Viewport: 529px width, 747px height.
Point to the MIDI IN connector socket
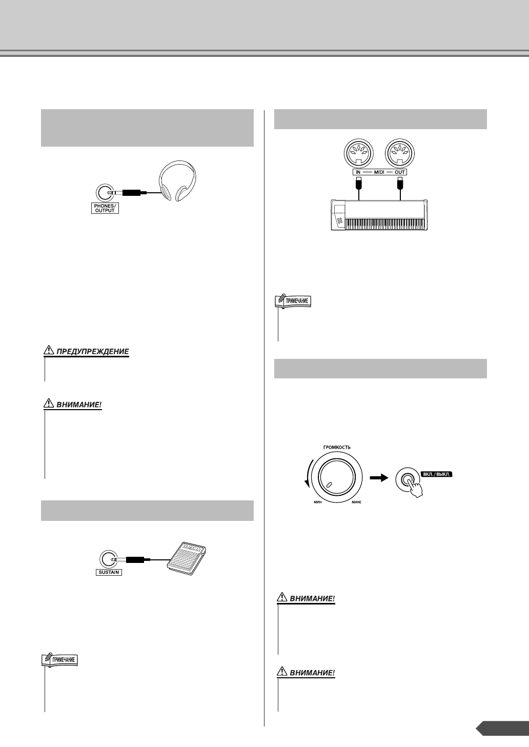[x=359, y=154]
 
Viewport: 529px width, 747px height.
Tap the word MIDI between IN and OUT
[x=379, y=172]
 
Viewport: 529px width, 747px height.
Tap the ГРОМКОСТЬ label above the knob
[x=337, y=448]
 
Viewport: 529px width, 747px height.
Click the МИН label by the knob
[x=317, y=504]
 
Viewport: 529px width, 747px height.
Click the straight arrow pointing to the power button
[x=378, y=477]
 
